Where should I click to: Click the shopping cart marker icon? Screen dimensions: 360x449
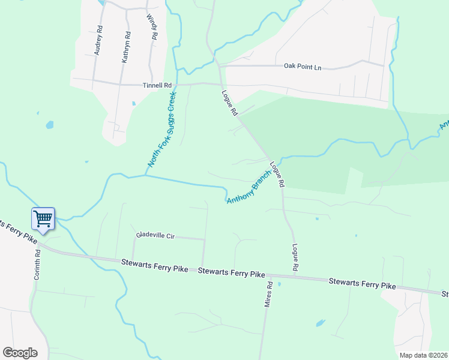pos(43,218)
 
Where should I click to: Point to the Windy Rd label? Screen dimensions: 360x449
pos(151,27)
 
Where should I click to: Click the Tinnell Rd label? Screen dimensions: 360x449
pos(157,86)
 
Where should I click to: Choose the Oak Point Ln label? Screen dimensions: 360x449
pos(303,67)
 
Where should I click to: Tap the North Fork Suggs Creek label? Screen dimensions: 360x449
pos(163,129)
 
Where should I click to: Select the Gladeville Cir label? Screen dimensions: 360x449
pos(155,236)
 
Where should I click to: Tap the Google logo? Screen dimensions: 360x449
pos(20,352)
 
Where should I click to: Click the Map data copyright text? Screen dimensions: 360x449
pos(423,355)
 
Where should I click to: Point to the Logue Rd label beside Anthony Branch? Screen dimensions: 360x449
pos(276,174)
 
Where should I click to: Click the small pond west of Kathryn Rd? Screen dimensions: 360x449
pos(49,125)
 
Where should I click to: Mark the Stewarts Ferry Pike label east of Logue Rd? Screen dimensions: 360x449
pos(362,283)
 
